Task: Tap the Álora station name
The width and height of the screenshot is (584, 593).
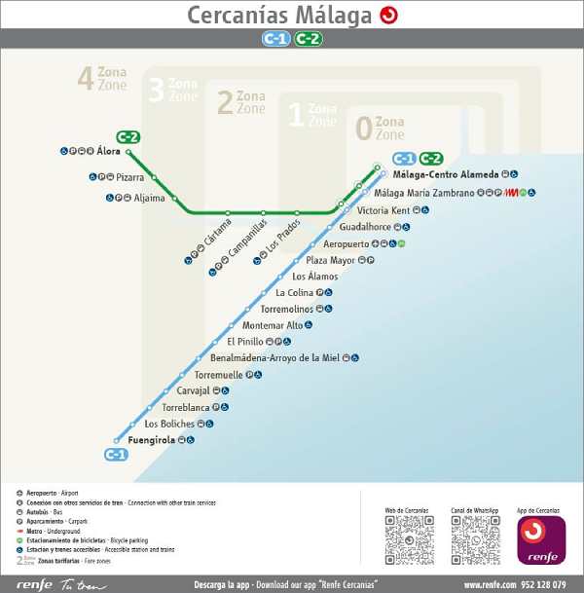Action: [x=109, y=152]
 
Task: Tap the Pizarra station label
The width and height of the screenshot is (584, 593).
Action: [x=129, y=177]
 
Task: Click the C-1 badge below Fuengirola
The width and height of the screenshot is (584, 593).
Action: [x=116, y=455]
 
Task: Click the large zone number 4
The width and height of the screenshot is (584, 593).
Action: [x=86, y=77]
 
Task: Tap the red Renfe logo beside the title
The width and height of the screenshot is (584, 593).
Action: [x=389, y=15]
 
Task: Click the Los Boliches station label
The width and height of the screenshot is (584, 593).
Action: [x=169, y=424]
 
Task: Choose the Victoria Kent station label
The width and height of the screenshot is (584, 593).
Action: [x=383, y=210]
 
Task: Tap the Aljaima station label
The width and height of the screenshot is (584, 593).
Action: [x=149, y=197]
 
